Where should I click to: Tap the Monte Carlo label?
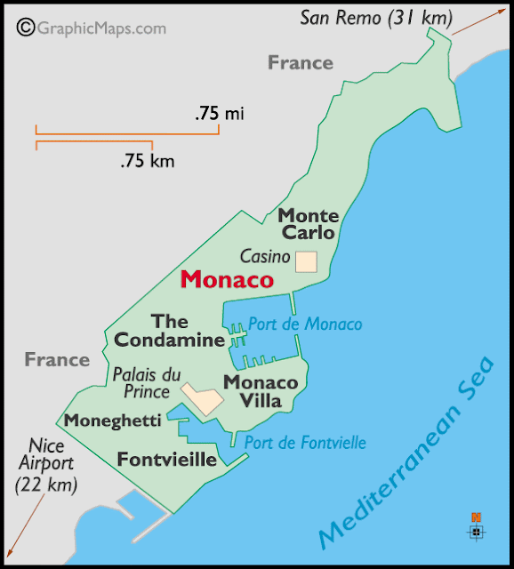[308, 224]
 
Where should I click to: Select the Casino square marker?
[306, 260]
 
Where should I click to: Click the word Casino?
[265, 258]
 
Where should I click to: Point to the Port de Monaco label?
[304, 325]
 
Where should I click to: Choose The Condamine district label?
[169, 330]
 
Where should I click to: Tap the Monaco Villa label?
[260, 391]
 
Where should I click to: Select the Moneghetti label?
[113, 421]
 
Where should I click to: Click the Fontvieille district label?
[167, 460]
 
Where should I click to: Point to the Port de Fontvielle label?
[305, 443]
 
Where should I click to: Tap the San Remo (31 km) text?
[375, 17]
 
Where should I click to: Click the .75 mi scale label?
[219, 113]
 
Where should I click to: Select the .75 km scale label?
[148, 161]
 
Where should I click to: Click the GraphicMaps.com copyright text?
[92, 28]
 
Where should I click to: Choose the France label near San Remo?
[301, 62]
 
